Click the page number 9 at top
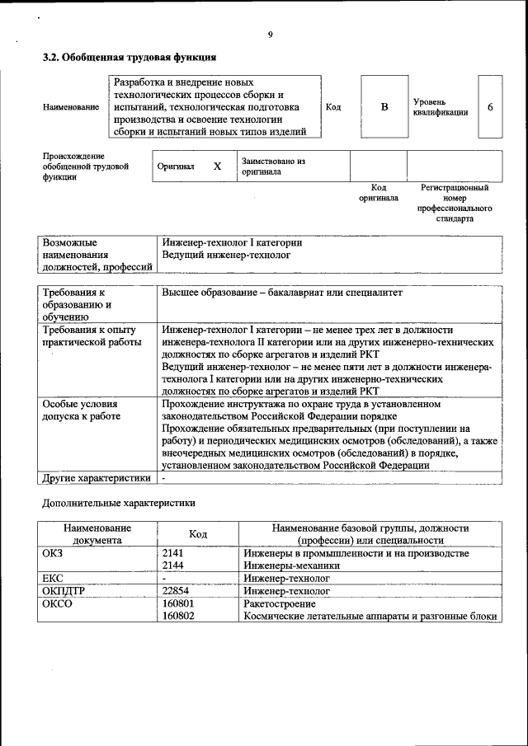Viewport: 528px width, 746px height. click(x=270, y=35)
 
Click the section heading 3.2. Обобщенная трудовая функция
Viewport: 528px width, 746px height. click(x=130, y=58)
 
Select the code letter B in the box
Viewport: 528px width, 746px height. click(x=384, y=107)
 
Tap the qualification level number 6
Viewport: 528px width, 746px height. click(x=491, y=108)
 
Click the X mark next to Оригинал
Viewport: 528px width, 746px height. click(x=217, y=167)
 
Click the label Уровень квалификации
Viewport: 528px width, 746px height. click(x=441, y=107)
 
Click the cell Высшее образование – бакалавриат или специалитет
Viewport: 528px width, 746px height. click(x=282, y=293)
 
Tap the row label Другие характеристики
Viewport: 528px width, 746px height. click(x=97, y=477)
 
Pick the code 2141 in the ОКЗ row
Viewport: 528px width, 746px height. click(x=172, y=553)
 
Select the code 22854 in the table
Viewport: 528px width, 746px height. click(x=176, y=591)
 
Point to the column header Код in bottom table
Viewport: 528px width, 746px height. click(x=198, y=534)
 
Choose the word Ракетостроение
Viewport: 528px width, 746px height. click(x=280, y=603)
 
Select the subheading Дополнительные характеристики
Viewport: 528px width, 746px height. click(x=119, y=502)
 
